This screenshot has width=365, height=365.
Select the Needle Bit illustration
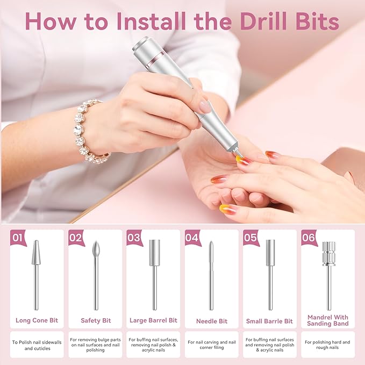pos(211,274)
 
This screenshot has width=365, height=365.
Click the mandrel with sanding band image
pos(328,274)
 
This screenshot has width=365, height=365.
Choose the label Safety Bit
pos(95,320)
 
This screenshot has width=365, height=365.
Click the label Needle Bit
pos(211,321)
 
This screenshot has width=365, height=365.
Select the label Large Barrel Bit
pos(153,320)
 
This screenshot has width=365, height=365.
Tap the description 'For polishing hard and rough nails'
pos(327,345)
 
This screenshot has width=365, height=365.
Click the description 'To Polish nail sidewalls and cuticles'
pos(37,345)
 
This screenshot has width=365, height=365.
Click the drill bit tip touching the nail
pos(237,156)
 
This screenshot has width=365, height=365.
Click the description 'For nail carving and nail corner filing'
pos(211,345)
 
